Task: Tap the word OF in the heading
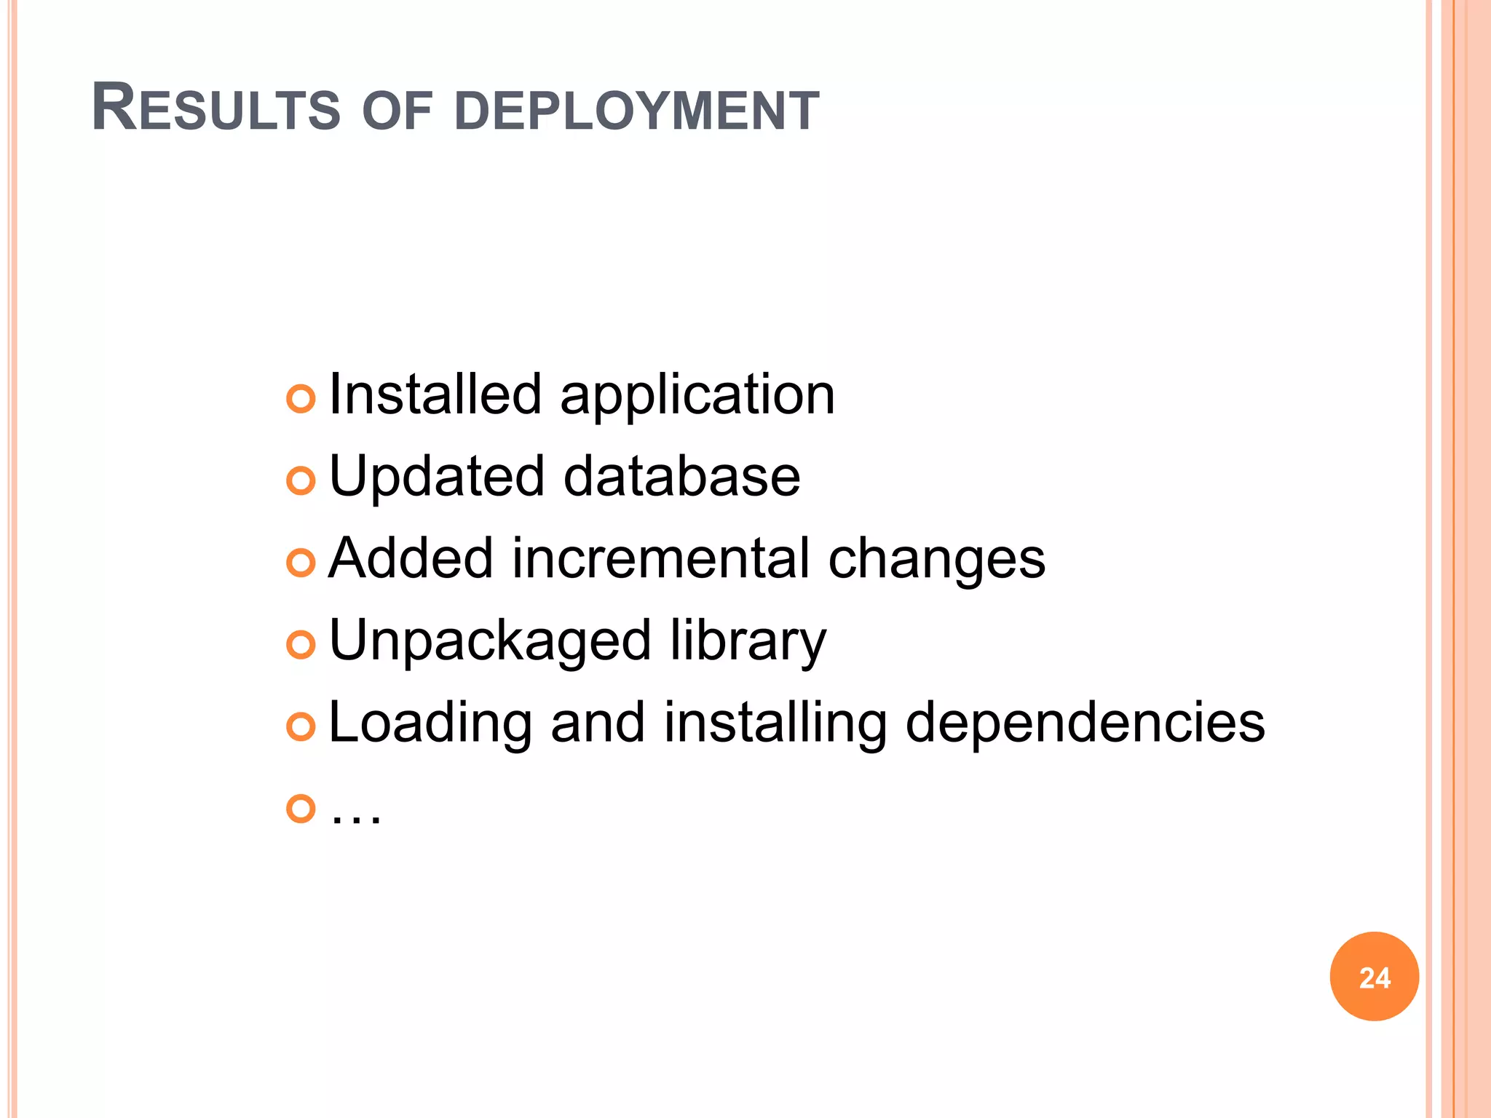(397, 111)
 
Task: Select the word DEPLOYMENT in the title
(637, 111)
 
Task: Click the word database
(682, 477)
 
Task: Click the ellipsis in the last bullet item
(355, 818)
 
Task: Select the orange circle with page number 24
(1374, 977)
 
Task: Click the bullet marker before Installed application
(301, 398)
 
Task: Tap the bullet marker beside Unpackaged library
(301, 644)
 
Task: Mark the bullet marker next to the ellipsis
(301, 808)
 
